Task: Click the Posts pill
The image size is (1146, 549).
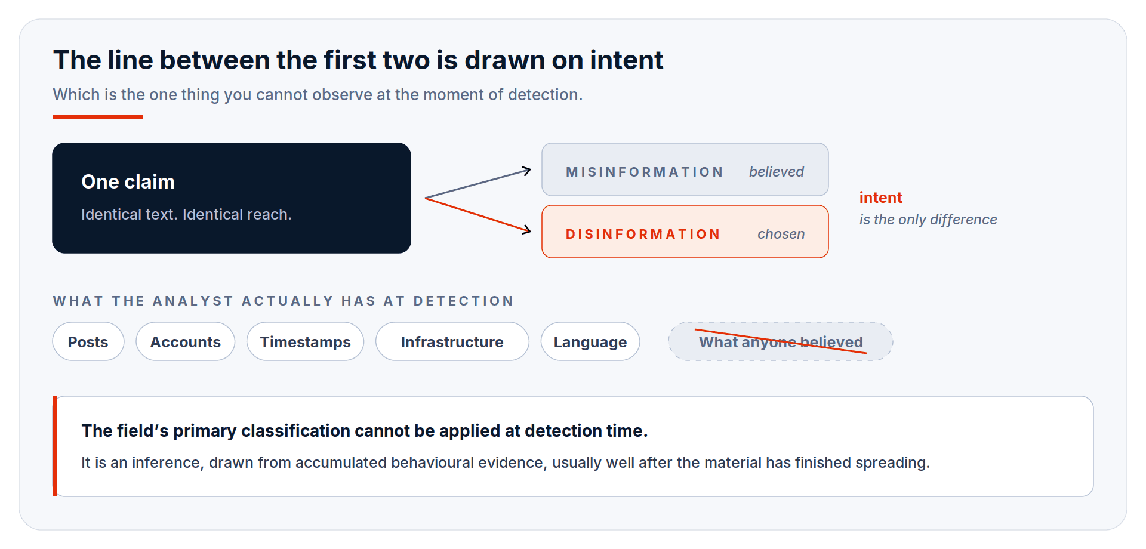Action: click(x=88, y=341)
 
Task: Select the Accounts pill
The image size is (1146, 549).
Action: click(x=186, y=341)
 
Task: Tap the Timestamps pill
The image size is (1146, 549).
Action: click(x=306, y=341)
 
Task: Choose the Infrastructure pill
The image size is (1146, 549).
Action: click(x=452, y=341)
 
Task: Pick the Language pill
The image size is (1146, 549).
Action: click(x=590, y=341)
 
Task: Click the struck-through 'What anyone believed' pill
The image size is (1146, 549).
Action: click(x=781, y=341)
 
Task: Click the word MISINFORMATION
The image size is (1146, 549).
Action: click(x=645, y=172)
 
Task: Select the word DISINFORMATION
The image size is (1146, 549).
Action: click(x=643, y=234)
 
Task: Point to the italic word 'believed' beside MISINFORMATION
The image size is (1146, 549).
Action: click(x=777, y=172)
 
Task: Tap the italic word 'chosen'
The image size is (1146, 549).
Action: click(x=781, y=234)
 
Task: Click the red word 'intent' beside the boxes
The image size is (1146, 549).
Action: click(x=881, y=198)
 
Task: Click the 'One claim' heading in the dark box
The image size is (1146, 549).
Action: click(x=128, y=181)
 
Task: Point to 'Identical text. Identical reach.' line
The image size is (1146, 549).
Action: click(x=187, y=214)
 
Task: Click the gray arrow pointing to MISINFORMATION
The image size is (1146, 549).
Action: click(x=478, y=183)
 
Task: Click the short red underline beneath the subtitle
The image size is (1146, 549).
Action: click(x=98, y=117)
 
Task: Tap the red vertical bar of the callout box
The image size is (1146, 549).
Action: click(x=55, y=446)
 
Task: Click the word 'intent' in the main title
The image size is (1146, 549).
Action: click(x=627, y=60)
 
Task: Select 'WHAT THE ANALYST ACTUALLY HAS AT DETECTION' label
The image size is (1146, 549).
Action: click(x=284, y=301)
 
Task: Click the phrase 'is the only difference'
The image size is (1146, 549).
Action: click(x=928, y=220)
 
